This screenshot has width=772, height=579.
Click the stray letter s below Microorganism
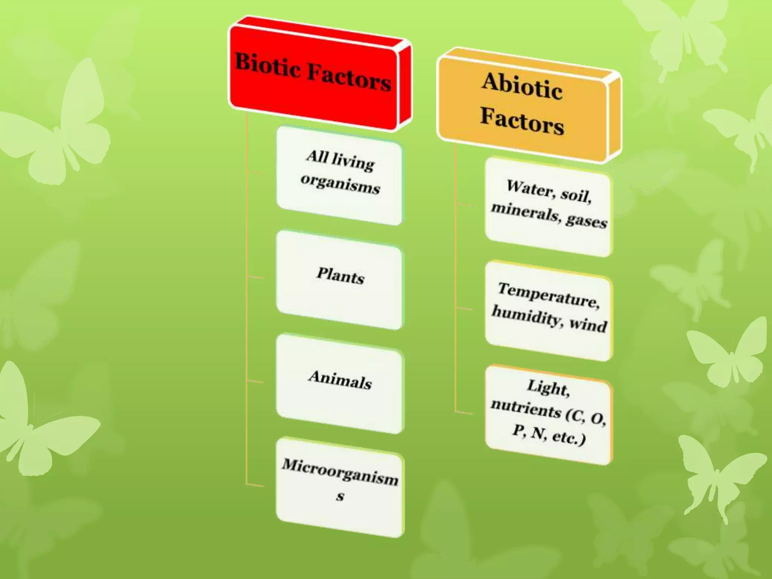[x=340, y=496]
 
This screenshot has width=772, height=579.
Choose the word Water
[x=530, y=188]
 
